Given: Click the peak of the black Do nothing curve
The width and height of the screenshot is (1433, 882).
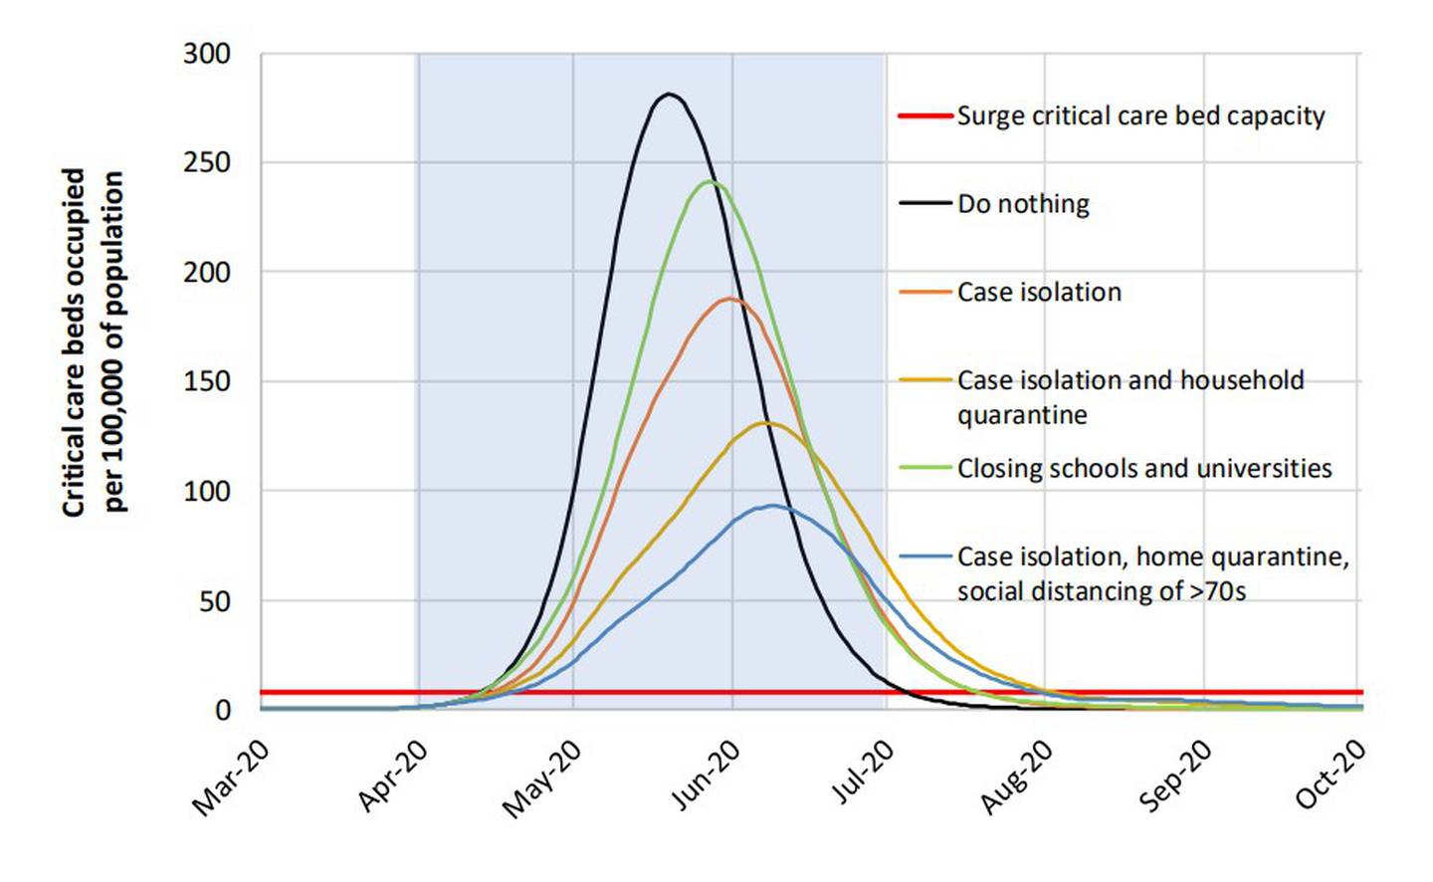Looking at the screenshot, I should [x=669, y=95].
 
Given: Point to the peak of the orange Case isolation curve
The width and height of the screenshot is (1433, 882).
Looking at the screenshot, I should [x=729, y=299].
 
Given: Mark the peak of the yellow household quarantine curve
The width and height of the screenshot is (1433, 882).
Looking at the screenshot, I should [x=764, y=423].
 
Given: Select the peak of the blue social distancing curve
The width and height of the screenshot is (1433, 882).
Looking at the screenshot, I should [x=772, y=506].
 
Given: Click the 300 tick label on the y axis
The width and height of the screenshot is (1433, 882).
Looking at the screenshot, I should [x=207, y=54].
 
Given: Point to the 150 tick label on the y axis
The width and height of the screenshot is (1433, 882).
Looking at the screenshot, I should [x=207, y=381].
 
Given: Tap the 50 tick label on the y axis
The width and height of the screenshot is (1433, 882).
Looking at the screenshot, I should [x=213, y=600].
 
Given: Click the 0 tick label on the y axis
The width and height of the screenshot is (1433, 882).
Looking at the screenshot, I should [x=223, y=710].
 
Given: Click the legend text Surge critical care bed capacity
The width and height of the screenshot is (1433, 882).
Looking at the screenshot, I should [x=1140, y=115].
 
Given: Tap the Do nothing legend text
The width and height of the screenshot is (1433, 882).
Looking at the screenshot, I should [x=1023, y=204].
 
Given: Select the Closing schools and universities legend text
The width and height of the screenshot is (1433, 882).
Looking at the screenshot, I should [x=1144, y=468].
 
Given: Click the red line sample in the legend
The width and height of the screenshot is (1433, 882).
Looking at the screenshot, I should [x=925, y=115].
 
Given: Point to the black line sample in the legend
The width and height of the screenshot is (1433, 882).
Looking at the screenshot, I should [x=925, y=203].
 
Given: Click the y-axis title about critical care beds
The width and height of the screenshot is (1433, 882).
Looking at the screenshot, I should [x=95, y=341].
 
